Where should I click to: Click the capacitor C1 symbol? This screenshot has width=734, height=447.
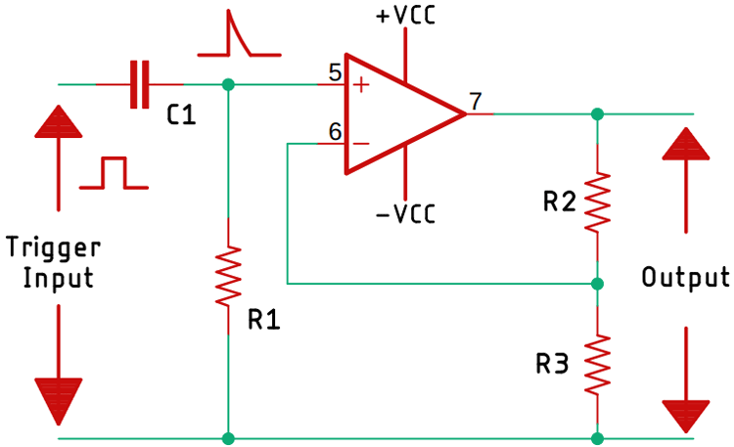click(140, 84)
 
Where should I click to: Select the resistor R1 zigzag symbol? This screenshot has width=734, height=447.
click(228, 276)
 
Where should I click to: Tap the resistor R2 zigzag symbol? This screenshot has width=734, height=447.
click(597, 201)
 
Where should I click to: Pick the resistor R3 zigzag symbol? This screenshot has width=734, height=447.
click(597, 363)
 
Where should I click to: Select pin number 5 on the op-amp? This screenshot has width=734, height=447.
click(335, 71)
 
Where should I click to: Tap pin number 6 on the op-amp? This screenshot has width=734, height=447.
click(335, 130)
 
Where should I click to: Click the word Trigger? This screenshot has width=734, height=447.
click(52, 246)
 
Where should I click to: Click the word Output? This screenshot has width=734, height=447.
click(685, 277)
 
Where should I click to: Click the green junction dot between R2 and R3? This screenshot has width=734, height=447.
click(597, 284)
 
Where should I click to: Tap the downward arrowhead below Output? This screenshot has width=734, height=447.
click(685, 411)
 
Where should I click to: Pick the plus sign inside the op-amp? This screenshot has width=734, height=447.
click(361, 85)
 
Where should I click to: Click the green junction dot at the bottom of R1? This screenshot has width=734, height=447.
click(228, 437)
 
